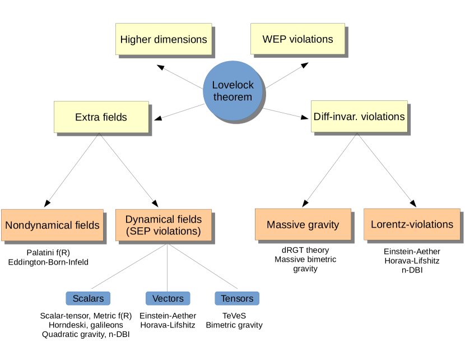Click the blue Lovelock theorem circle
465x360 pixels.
[232, 91]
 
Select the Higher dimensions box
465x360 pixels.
[164, 39]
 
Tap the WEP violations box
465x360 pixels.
[297, 39]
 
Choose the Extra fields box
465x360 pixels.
[101, 117]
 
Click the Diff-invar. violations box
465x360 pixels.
[359, 117]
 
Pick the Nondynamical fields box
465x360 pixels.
[52, 225]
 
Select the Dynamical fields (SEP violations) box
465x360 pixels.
[163, 225]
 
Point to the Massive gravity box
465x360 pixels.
[303, 225]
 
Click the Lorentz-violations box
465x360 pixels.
[412, 224]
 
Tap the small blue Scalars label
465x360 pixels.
[88, 298]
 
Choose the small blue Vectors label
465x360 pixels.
[168, 298]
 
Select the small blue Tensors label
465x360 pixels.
[237, 298]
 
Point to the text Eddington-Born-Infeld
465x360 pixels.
[48, 261]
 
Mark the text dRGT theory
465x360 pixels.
[305, 250]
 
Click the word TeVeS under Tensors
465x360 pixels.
[234, 316]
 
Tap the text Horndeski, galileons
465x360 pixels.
[86, 325]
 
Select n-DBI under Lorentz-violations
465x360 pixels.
[412, 270]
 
